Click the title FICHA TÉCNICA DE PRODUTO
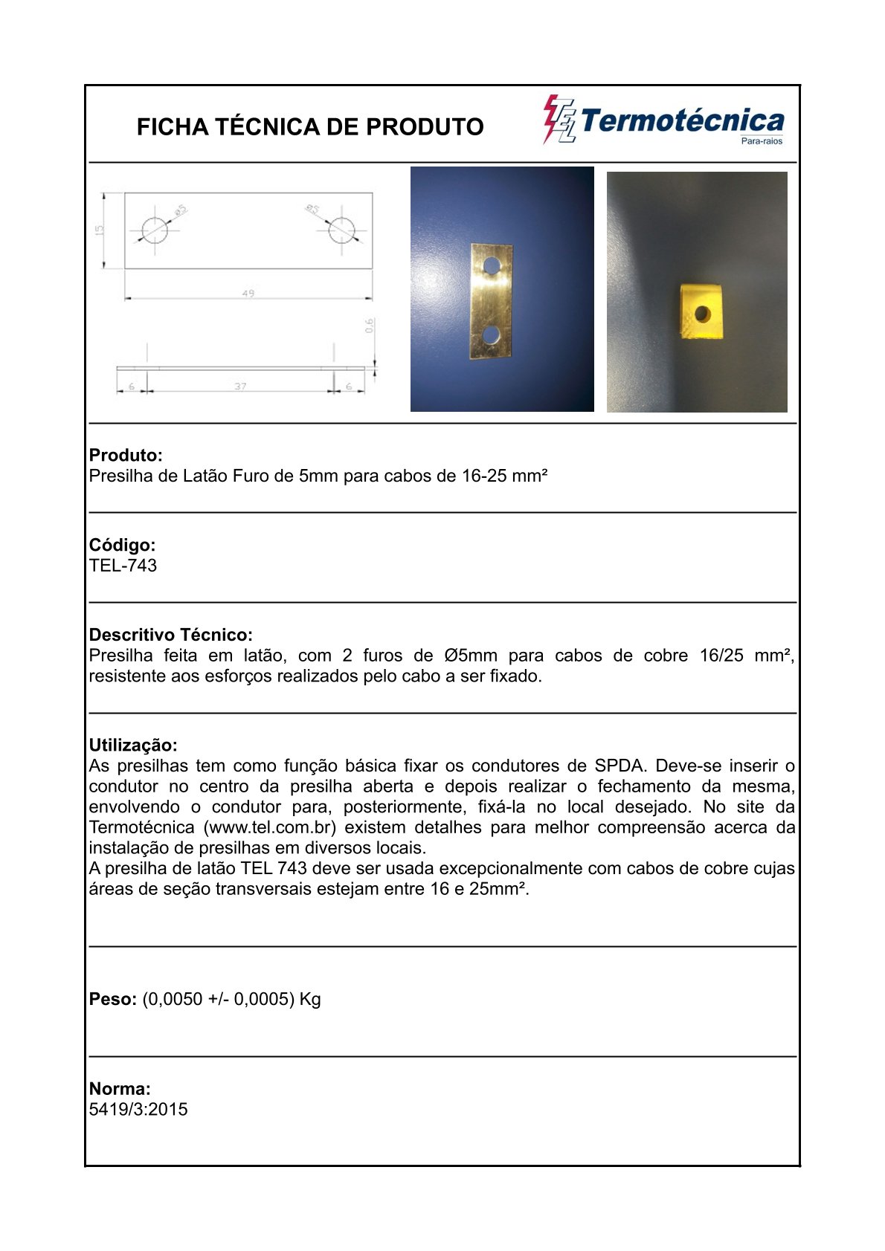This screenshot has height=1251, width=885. click(x=310, y=127)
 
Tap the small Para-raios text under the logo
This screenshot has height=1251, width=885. click(x=762, y=141)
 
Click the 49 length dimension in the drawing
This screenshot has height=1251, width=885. click(x=248, y=294)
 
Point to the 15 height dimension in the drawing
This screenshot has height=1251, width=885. click(x=100, y=230)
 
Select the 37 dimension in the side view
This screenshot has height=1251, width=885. click(x=240, y=387)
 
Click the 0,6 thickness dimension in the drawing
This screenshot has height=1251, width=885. click(x=370, y=326)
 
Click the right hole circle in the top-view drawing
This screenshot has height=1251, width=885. click(x=341, y=230)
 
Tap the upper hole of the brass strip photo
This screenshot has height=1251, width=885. click(x=492, y=265)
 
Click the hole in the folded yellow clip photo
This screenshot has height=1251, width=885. click(x=702, y=314)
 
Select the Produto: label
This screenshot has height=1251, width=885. click(x=126, y=455)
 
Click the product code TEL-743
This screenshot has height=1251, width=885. click(x=123, y=566)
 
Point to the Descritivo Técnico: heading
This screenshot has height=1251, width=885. click(x=170, y=635)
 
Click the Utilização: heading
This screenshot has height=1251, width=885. click(x=133, y=745)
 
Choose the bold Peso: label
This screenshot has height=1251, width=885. click(x=112, y=999)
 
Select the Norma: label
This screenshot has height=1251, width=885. click(x=120, y=1089)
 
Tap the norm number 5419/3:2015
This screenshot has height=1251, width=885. click(x=138, y=1110)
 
